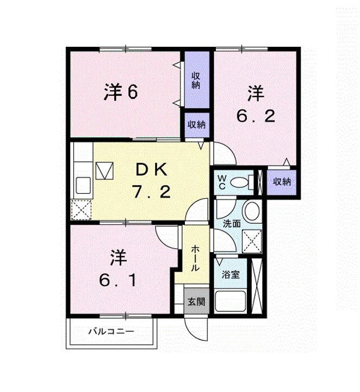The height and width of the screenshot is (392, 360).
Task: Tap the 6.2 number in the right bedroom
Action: pyautogui.click(x=255, y=115)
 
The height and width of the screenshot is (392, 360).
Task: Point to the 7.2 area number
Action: pyautogui.click(x=151, y=191)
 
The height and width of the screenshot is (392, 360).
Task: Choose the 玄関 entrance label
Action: pyautogui.click(x=196, y=301)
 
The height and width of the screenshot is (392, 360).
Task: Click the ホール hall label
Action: pyautogui.click(x=195, y=259)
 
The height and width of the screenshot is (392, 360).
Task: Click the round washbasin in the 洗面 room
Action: pyautogui.click(x=251, y=212)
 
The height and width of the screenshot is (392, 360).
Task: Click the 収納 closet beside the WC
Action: pyautogui.click(x=281, y=181)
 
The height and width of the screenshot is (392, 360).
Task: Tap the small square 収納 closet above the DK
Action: pyautogui.click(x=196, y=124)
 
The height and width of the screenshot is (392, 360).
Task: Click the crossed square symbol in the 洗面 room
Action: pyautogui.click(x=251, y=239)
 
